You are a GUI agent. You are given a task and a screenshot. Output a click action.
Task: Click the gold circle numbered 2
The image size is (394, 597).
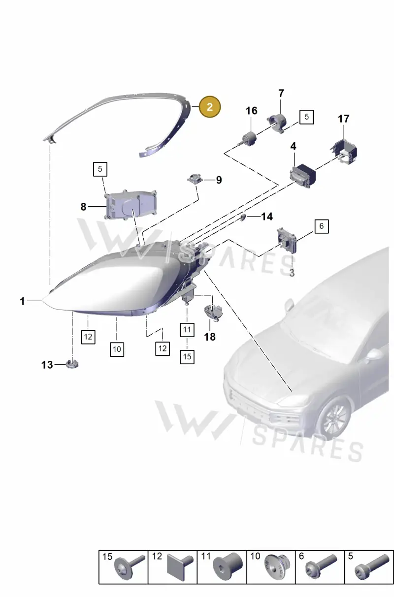click(210, 107)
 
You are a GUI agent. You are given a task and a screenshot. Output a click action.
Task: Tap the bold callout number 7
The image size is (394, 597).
click(281, 94)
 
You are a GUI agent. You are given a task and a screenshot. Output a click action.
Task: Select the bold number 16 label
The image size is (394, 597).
click(251, 111)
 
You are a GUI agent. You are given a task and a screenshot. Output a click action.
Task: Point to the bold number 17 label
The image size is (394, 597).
click(344, 119)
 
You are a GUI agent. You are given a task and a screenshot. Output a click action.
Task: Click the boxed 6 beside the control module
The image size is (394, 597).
click(322, 226)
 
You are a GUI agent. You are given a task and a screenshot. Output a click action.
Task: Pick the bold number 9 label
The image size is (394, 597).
click(219, 180)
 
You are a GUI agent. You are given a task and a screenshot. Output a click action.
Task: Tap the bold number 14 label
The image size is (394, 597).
click(267, 217)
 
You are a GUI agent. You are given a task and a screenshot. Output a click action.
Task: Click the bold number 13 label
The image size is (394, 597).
click(47, 365)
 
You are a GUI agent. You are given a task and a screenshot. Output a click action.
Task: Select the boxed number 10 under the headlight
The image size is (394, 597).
click(117, 349)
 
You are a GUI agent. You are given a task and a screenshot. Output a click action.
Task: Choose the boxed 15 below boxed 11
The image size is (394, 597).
click(187, 357)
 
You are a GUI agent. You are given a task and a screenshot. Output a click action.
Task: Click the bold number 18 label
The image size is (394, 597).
click(210, 337)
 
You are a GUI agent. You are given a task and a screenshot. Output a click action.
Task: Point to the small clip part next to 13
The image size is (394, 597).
click(72, 364)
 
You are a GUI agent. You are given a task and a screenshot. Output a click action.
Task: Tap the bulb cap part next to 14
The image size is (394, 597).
click(243, 217)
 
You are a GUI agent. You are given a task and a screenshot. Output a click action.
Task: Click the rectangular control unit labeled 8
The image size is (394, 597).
click(130, 204)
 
